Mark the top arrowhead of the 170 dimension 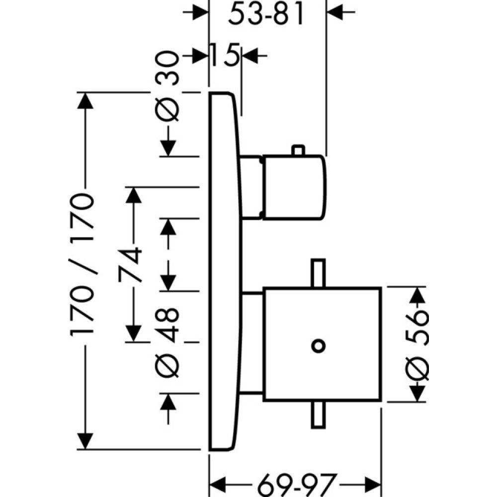pyautogui.click(x=85, y=101)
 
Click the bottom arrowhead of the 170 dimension pyautogui.click(x=85, y=440)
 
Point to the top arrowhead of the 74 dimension pyautogui.click(x=133, y=196)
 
